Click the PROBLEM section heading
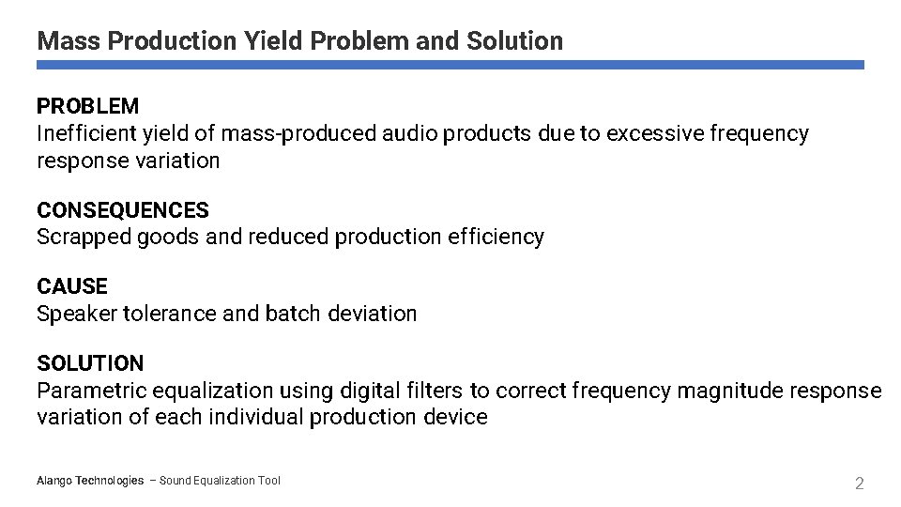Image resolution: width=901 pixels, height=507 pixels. point(87,107)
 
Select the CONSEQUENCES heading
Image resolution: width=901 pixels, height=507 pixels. point(122,210)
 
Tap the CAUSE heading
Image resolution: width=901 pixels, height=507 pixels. point(72,286)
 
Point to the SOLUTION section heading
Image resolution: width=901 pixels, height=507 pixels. point(90,363)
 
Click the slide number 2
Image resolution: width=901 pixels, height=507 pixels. point(858,484)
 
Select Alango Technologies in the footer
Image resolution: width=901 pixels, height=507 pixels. point(90,481)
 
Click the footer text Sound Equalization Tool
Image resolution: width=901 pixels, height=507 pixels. point(220,481)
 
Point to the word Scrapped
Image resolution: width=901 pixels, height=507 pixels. point(84,238)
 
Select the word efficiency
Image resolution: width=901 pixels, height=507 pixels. point(496,238)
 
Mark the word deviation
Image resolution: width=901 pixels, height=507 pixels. point(373,314)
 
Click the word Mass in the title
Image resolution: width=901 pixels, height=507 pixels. point(69,41)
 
